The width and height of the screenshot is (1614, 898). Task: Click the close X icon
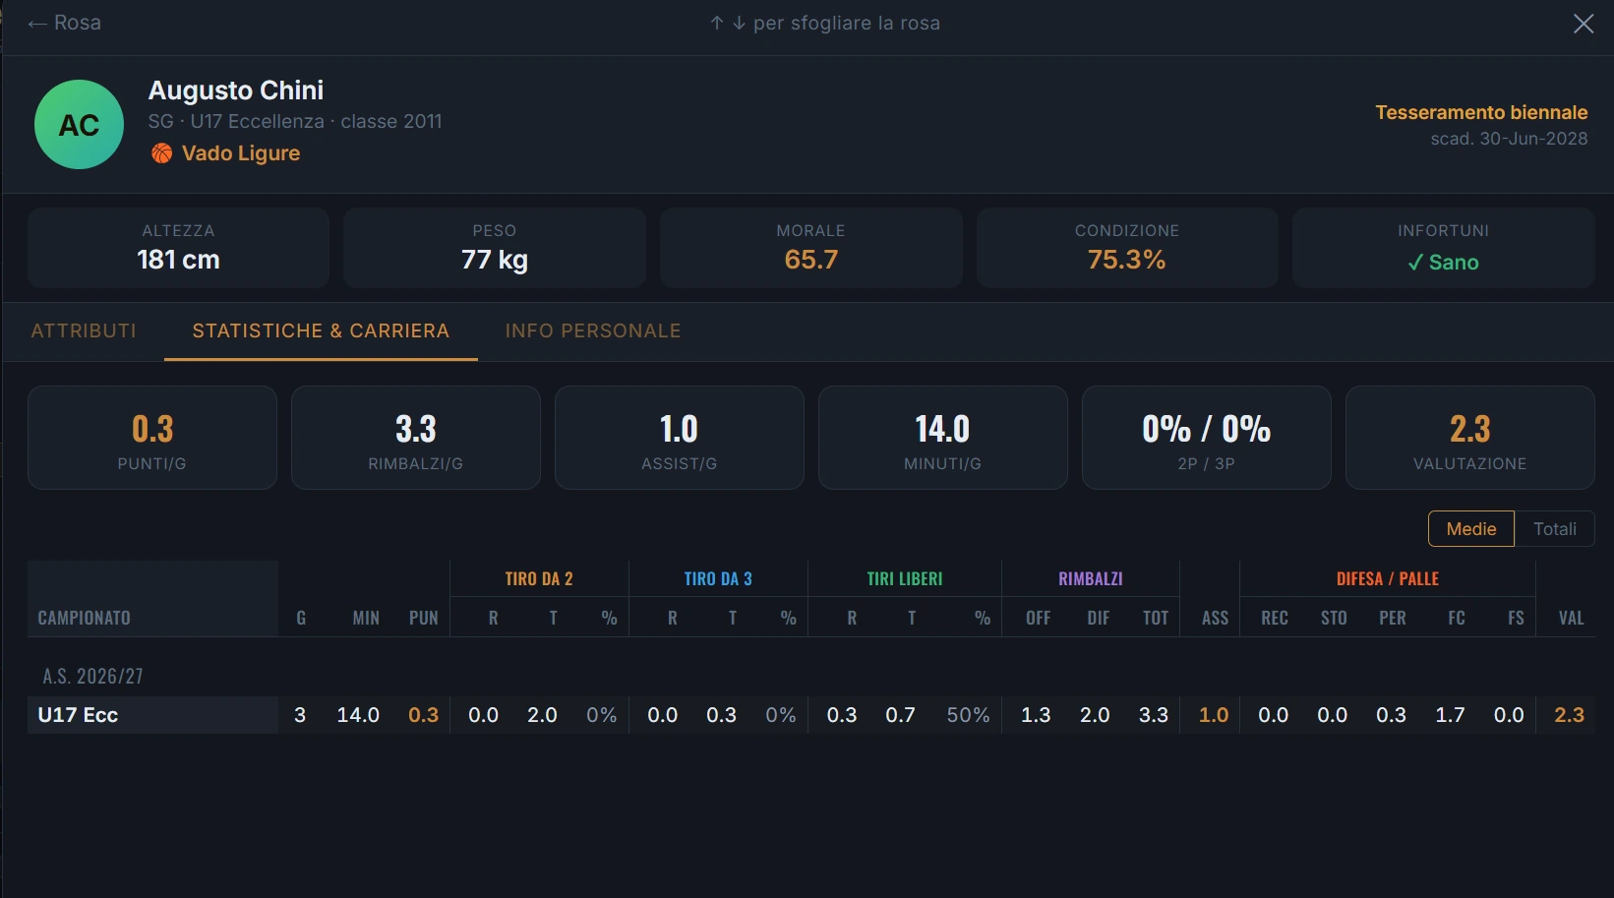[x=1583, y=23]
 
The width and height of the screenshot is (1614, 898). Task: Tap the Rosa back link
[x=64, y=23]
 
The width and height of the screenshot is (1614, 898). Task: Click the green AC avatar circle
[x=80, y=125]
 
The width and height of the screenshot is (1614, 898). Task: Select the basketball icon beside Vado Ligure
[x=162, y=153]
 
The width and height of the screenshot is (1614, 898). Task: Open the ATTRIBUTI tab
[x=84, y=330]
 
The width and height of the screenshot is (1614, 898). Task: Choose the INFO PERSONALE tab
[x=593, y=330]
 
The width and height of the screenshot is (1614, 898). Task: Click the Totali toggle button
[x=1555, y=529]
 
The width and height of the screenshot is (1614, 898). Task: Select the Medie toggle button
[x=1471, y=529]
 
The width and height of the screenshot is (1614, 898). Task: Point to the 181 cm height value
[x=179, y=260]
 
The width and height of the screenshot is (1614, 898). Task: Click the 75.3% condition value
[x=1127, y=260]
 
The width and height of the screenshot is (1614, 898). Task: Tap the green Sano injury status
[x=1443, y=263]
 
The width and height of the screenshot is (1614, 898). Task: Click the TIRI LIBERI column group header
[x=905, y=578]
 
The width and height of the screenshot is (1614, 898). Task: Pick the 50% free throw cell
[x=969, y=715]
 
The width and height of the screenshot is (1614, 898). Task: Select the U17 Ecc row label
[x=78, y=715]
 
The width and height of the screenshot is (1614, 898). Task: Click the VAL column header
[x=1572, y=618]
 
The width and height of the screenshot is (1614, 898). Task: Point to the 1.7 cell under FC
[x=1450, y=715]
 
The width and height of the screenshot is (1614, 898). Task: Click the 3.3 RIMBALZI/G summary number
[x=416, y=429]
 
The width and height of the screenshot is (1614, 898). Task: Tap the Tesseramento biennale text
[x=1481, y=112]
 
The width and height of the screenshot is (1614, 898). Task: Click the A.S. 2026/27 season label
[x=93, y=676]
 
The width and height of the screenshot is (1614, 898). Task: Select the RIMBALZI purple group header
[x=1091, y=578]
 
